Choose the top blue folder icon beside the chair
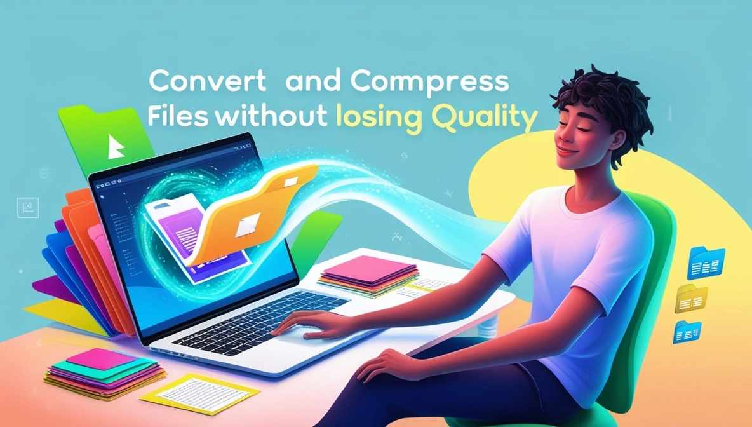[x=706, y=262]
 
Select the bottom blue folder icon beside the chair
[x=687, y=331]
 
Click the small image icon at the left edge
[x=28, y=207]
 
